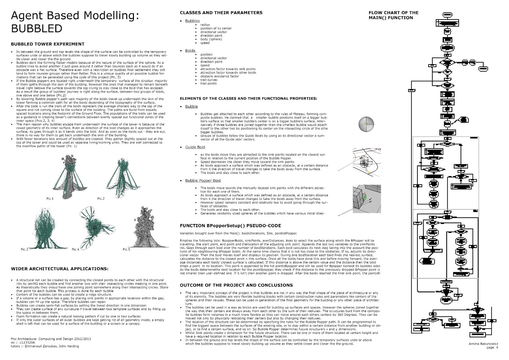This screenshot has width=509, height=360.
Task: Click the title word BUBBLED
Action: click(x=37, y=28)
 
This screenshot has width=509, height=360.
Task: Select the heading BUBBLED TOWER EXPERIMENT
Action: click(x=48, y=44)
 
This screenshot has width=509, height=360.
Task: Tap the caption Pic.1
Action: click(x=50, y=199)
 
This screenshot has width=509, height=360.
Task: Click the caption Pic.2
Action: click(x=101, y=199)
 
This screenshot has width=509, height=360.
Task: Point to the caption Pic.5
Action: click(x=126, y=249)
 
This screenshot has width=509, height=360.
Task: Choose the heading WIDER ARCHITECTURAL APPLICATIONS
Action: click(x=59, y=269)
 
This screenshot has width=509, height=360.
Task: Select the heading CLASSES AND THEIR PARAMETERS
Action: click(x=221, y=13)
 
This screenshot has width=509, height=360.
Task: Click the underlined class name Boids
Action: click(x=191, y=51)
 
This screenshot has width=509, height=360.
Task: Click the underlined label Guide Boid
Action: click(x=195, y=147)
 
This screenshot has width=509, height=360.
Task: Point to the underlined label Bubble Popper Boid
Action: click(x=203, y=180)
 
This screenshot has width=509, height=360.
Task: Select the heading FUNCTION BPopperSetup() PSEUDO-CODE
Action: click(x=230, y=226)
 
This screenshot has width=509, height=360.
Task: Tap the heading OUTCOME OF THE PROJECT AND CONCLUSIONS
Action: click(x=236, y=285)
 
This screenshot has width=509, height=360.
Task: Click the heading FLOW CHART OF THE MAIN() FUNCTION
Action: click(x=393, y=15)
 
